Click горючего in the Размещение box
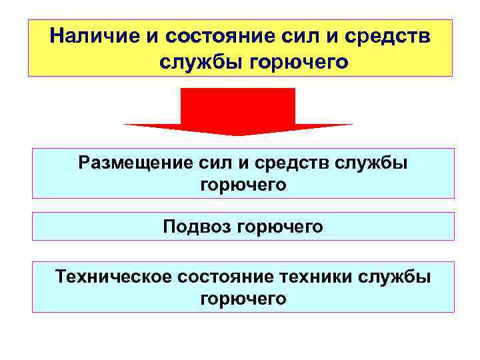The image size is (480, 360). (x=243, y=185)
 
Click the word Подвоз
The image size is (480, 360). (x=194, y=227)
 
